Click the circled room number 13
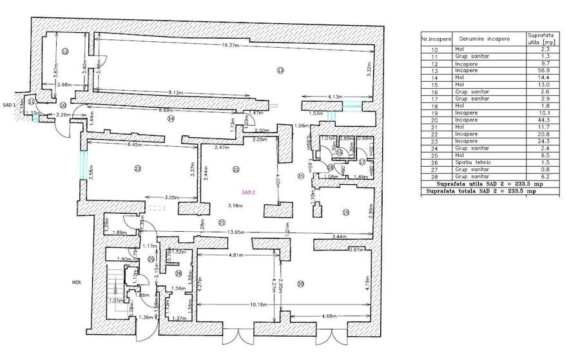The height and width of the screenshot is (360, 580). coord(280,70)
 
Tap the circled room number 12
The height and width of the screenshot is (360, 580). coord(65,51)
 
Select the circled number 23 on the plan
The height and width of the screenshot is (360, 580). coord(138,169)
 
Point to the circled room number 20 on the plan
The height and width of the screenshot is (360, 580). coord(300,284)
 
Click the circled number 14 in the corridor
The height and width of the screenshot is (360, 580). coord(171,118)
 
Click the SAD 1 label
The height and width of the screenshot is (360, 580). coord(8,104)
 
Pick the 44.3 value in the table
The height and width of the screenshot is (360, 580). coord(541,121)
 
